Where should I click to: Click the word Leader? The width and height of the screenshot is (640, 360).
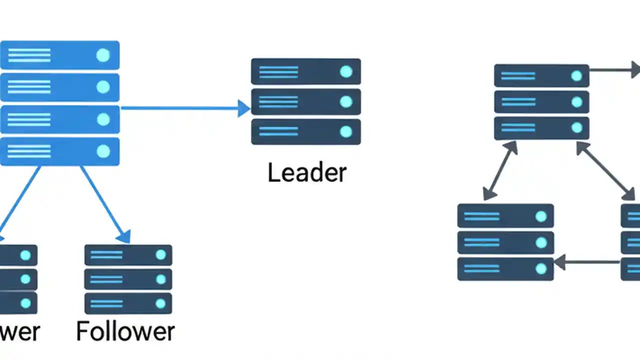pyautogui.click(x=306, y=172)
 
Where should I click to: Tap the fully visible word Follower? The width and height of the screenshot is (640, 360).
pyautogui.click(x=125, y=331)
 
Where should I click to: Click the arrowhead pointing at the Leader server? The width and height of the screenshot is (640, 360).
pyautogui.click(x=244, y=108)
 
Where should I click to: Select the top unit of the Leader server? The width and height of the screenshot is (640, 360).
pyautogui.click(x=305, y=71)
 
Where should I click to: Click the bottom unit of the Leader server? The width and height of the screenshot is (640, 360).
pyautogui.click(x=305, y=131)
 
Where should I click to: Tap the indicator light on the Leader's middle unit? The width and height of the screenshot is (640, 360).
pyautogui.click(x=346, y=102)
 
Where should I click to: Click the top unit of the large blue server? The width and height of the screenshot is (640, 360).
pyautogui.click(x=59, y=55)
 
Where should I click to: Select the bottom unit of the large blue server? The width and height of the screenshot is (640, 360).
pyautogui.click(x=59, y=151)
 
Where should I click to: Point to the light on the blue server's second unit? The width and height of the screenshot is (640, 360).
pyautogui.click(x=103, y=87)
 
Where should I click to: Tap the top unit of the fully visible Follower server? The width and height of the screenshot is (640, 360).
pyautogui.click(x=128, y=255)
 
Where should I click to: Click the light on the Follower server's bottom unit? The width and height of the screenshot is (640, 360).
pyautogui.click(x=160, y=303)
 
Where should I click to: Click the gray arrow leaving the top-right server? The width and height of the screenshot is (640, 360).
pyautogui.click(x=614, y=70)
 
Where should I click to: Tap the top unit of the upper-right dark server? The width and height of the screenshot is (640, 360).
pyautogui.click(x=541, y=75)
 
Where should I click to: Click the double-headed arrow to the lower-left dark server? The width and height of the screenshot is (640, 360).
pyautogui.click(x=500, y=170)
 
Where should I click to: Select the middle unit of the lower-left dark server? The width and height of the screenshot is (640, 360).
pyautogui.click(x=505, y=242)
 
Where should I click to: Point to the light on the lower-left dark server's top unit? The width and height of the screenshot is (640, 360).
pyautogui.click(x=541, y=216)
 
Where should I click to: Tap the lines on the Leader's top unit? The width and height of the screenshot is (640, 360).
pyautogui.click(x=278, y=72)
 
